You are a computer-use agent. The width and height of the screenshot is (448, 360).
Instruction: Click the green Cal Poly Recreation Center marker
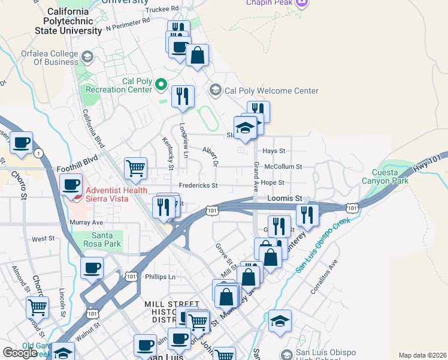click(x=161, y=85)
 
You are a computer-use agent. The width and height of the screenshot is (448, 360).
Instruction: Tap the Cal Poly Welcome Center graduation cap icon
click(x=216, y=91)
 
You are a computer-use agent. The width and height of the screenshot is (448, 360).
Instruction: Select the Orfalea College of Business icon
click(x=87, y=58)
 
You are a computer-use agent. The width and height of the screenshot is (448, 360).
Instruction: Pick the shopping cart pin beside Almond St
click(x=38, y=307)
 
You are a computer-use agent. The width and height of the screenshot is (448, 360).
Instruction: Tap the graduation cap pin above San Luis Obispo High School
click(x=280, y=321)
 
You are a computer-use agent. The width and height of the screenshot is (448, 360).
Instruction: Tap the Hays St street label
click(x=274, y=151)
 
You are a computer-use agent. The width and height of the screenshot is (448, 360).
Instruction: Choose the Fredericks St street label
click(x=197, y=186)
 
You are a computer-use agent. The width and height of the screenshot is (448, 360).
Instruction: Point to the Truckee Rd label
click(x=162, y=9)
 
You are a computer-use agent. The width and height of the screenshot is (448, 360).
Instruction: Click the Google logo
click(x=20, y=353)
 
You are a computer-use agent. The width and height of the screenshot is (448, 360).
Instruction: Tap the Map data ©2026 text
click(x=422, y=355)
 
